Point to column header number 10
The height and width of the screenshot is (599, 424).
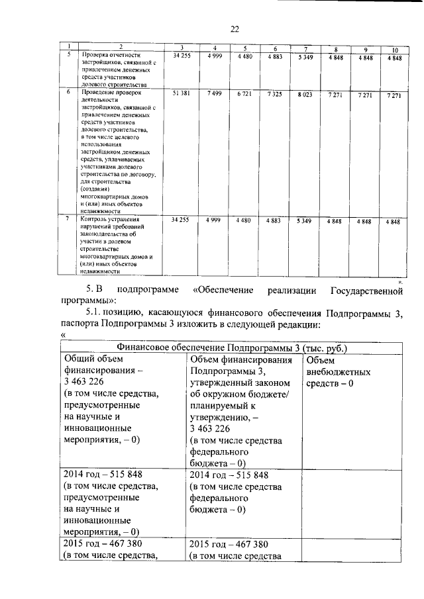[x=395, y=50]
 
